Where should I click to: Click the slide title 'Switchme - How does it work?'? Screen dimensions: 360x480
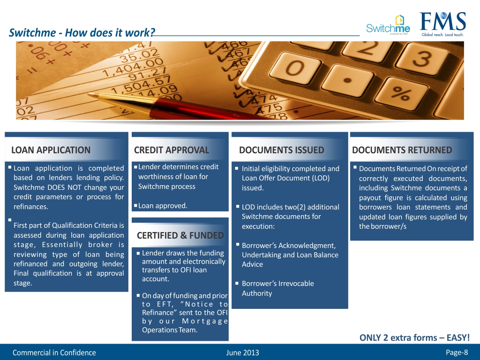tap(82, 33)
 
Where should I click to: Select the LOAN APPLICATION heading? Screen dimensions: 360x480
tap(51, 150)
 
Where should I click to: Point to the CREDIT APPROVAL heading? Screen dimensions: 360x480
tap(171, 150)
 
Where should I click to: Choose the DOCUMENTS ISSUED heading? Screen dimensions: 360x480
tap(281, 150)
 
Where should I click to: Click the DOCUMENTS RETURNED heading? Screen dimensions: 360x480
tap(402, 150)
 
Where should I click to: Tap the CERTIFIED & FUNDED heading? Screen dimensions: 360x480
tap(180, 235)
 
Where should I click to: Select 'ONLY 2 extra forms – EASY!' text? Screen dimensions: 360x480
tap(414, 337)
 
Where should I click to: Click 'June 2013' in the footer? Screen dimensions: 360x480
tap(242, 352)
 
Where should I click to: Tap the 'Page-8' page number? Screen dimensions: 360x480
tap(457, 352)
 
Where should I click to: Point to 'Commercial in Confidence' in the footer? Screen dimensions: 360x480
tap(54, 352)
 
